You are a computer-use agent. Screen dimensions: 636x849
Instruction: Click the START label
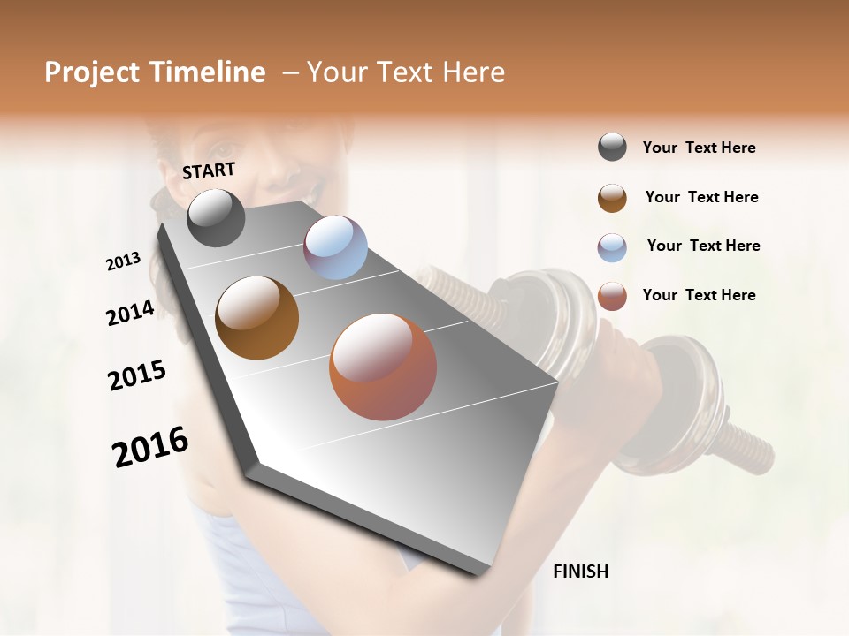point(209,170)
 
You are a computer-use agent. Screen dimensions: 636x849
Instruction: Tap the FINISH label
point(580,572)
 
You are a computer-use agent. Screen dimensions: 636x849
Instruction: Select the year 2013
point(123,261)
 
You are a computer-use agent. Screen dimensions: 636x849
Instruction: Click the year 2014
point(130,313)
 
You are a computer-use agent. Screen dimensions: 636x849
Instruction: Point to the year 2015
point(137,375)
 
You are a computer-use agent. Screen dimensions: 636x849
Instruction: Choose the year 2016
point(150,446)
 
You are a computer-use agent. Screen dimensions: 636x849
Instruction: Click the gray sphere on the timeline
point(216,217)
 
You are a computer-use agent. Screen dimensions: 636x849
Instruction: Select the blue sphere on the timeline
point(335,247)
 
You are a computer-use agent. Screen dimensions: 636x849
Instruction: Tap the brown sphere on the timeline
point(257,318)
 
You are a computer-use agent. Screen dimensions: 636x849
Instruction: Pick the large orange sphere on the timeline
point(383,367)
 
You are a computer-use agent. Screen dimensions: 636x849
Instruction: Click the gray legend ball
point(612,148)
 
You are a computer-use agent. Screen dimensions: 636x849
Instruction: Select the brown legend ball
point(612,198)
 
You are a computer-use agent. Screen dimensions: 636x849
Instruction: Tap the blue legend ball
point(612,247)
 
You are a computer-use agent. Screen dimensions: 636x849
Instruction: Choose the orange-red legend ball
point(612,296)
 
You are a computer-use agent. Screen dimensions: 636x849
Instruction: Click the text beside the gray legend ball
point(699,148)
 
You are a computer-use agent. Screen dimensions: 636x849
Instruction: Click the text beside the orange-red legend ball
point(699,295)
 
